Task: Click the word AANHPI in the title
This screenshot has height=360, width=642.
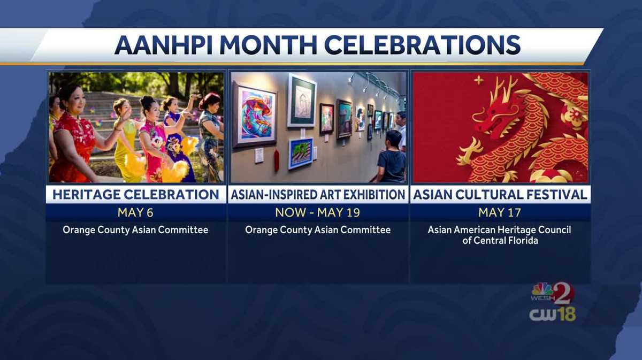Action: [163, 45]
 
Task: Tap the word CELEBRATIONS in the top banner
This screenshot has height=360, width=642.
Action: [423, 45]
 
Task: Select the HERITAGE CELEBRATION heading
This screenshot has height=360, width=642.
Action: [136, 195]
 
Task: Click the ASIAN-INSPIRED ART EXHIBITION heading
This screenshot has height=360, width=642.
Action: [318, 195]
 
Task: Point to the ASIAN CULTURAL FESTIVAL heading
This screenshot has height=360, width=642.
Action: [500, 195]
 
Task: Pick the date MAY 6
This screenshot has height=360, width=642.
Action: [135, 212]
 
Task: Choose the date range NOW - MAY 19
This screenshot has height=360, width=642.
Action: [318, 212]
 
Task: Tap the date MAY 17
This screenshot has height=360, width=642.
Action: [500, 212]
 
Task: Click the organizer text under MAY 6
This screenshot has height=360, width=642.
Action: [135, 230]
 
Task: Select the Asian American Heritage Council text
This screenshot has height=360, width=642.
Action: [500, 230]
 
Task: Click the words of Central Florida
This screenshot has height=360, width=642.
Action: [500, 241]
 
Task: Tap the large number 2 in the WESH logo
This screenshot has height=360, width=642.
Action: [563, 293]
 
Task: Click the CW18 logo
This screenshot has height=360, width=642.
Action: [552, 315]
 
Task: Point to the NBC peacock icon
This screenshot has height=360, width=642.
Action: [542, 289]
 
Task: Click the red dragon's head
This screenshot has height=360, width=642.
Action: [501, 114]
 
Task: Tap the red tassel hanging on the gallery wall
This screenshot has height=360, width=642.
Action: [277, 160]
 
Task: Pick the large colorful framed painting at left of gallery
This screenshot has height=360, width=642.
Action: [255, 115]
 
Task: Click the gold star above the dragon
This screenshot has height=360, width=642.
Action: [478, 80]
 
